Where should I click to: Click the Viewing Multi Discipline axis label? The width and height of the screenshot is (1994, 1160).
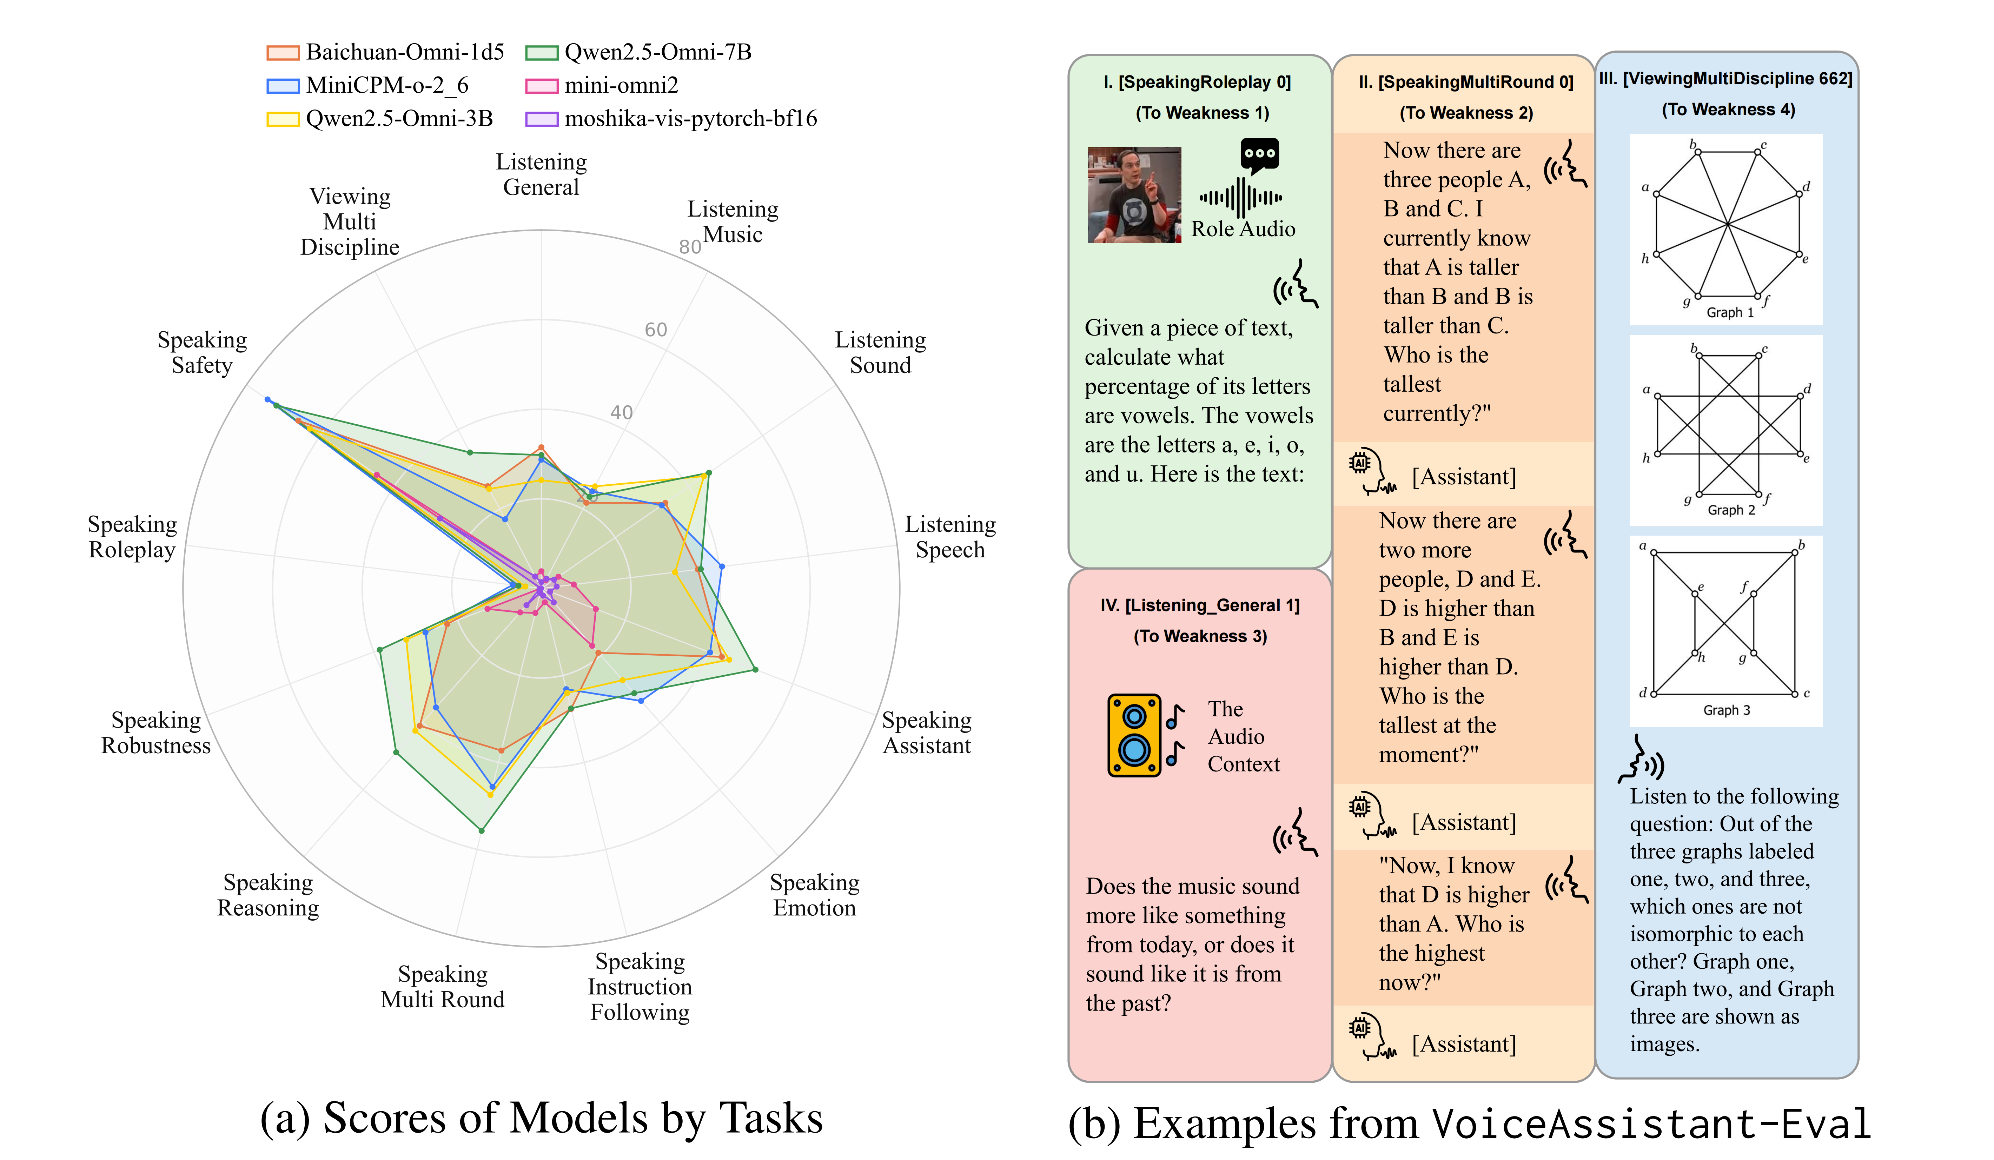(350, 221)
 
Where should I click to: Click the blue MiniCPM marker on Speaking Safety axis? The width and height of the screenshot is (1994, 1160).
(267, 399)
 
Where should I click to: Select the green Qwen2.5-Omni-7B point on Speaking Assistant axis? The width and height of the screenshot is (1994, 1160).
(755, 669)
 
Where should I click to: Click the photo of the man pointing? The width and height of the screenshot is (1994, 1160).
(1134, 195)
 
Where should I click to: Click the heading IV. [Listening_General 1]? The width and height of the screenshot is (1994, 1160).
(1200, 605)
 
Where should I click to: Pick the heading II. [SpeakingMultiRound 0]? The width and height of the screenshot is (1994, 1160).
(1465, 82)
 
